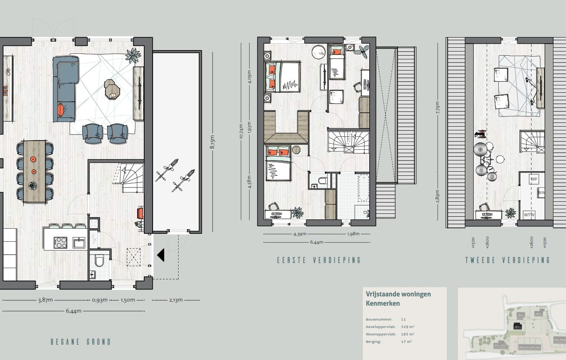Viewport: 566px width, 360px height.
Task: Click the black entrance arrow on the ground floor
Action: pos(161,255)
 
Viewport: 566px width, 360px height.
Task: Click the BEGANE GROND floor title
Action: pos(81,342)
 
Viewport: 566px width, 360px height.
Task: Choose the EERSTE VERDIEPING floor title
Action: pos(319,260)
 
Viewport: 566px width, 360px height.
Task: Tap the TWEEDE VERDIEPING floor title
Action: pos(508,260)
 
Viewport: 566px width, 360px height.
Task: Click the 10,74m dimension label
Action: pos(241,131)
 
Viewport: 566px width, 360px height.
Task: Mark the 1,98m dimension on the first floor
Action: pos(353,234)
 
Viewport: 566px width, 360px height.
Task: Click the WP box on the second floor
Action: pos(534,179)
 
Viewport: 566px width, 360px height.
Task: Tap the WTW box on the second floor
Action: pos(529,215)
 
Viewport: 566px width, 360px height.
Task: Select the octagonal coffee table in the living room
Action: pos(112,90)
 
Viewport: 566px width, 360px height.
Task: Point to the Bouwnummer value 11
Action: pos(404,320)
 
